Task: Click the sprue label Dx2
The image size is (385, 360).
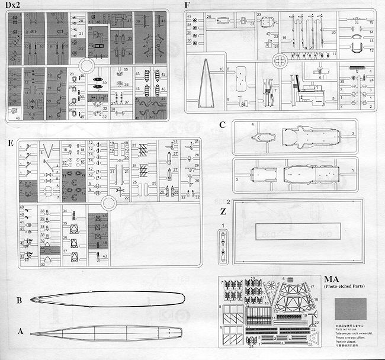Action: point(13,5)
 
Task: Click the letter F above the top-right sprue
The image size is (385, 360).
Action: point(187,5)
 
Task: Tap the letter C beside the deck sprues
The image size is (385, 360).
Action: point(222,125)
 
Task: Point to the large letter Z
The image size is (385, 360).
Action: point(222,211)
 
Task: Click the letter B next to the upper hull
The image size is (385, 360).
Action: point(19,300)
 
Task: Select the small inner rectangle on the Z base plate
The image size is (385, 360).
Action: point(294,230)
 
